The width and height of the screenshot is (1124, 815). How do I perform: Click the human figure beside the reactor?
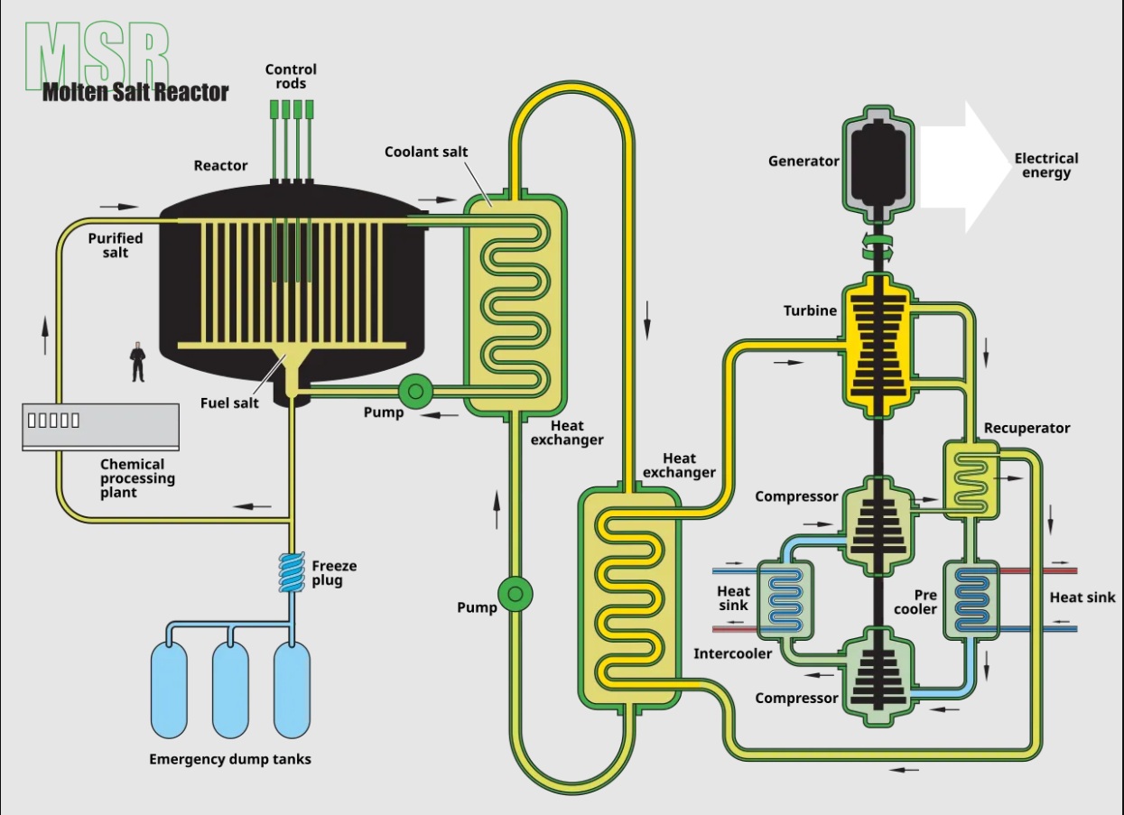137,361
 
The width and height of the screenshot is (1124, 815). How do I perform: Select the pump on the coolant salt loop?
516,593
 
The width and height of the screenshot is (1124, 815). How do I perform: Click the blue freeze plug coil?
293,572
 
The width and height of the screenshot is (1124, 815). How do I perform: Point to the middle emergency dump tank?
230,690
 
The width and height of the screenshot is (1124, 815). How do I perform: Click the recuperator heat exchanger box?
971,479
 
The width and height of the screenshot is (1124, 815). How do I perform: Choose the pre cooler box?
971,600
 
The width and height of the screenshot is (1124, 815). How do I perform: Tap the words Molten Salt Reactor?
135,91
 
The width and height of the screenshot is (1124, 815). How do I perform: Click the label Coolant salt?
426,152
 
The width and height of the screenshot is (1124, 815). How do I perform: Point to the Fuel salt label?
229,403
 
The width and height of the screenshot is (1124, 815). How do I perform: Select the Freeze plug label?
334,573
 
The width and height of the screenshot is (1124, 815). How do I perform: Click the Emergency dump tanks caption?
230,759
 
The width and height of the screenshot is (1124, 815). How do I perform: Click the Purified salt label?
115,245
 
